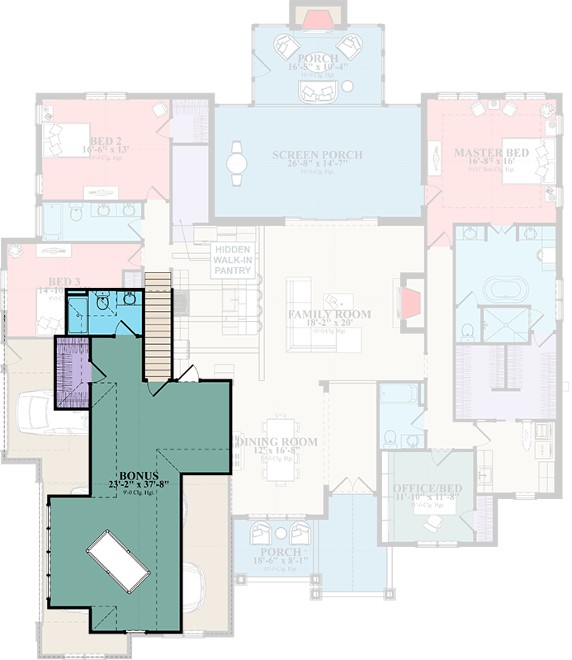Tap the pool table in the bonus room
pyautogui.click(x=116, y=562)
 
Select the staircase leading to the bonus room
pyautogui.click(x=158, y=325)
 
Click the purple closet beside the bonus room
pyautogui.click(x=72, y=372)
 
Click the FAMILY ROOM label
pyautogui.click(x=329, y=314)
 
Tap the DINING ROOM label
pyautogui.click(x=277, y=442)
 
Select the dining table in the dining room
pyautogui.click(x=275, y=462)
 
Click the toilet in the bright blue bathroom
pyautogui.click(x=103, y=305)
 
